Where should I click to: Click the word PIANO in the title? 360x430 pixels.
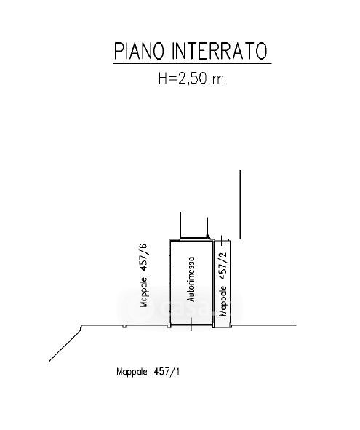140,51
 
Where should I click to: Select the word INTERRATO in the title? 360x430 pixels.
220,51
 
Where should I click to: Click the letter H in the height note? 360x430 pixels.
162,79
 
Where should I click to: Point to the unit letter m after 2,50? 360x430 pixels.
218,80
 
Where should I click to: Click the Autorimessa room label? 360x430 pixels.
191,279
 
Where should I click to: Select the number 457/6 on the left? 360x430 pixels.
144,258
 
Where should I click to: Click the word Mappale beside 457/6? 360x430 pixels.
145,292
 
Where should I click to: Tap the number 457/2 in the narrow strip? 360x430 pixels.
223,266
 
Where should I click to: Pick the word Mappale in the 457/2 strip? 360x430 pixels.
224,300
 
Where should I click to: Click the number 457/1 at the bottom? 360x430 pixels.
167,372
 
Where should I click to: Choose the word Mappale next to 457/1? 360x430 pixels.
132,372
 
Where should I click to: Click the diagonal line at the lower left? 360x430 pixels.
65,343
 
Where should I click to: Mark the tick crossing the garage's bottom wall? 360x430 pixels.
191,325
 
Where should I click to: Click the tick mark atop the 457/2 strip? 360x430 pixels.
222,240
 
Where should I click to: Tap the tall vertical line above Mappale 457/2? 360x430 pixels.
241,205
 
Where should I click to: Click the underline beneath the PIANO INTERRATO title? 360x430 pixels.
192,63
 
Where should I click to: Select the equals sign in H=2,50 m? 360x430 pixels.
172,79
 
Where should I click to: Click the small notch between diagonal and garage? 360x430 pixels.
124,327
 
